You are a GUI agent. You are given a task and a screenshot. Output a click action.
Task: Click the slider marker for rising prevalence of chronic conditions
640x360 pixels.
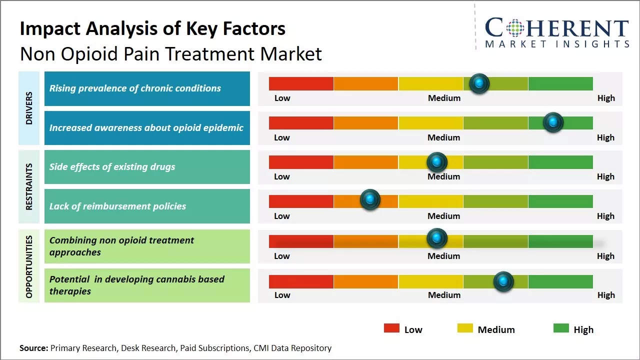pos(479,83)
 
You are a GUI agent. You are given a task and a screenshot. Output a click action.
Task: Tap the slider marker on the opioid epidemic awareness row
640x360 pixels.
pos(553,122)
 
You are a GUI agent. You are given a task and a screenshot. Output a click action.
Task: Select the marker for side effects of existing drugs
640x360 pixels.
pos(437,162)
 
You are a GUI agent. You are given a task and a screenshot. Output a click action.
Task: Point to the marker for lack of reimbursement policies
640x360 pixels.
pos(370,199)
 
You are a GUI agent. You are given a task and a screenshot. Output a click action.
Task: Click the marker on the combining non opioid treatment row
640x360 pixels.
pos(437,238)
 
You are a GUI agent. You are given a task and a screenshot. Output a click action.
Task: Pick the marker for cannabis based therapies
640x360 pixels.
pos(503,281)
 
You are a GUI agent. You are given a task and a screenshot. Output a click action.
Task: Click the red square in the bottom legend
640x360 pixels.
pos(391,328)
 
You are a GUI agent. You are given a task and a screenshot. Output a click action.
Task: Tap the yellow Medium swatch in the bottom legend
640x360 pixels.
pos(465,328)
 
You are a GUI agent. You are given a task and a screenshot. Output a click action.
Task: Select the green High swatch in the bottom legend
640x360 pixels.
pos(561,328)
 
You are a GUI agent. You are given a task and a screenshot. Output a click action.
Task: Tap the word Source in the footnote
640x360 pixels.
pos(33,348)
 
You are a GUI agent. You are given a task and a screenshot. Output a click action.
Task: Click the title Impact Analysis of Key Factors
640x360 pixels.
pos(152,29)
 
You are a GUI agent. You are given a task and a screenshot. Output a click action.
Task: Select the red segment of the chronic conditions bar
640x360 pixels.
pos(301,83)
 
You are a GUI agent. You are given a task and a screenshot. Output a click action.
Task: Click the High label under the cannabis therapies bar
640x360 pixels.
pos(605,295)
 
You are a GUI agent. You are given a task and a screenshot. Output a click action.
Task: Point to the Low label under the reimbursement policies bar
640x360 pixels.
pos(282,216)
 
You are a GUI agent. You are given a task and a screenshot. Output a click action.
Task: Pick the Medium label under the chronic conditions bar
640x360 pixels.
pos(444,98)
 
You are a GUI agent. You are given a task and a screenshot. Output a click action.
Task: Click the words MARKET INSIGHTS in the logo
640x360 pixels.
pos(557,44)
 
